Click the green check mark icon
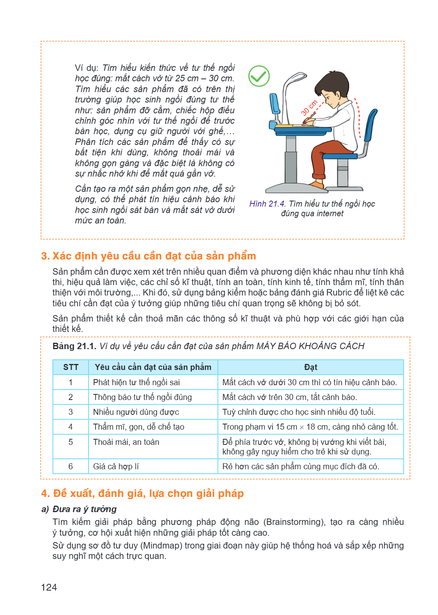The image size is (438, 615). click(259, 76)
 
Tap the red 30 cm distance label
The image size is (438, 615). click(309, 108)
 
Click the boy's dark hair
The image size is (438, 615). click(333, 83)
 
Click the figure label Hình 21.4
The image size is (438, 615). click(267, 204)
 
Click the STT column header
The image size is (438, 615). click(70, 367)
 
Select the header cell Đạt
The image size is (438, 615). click(311, 367)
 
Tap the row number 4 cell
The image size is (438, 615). click(70, 427)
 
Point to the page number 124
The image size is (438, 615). click(49, 587)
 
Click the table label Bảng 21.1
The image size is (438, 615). click(74, 346)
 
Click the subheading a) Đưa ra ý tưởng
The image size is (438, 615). click(79, 509)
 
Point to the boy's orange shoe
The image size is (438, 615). click(317, 185)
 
